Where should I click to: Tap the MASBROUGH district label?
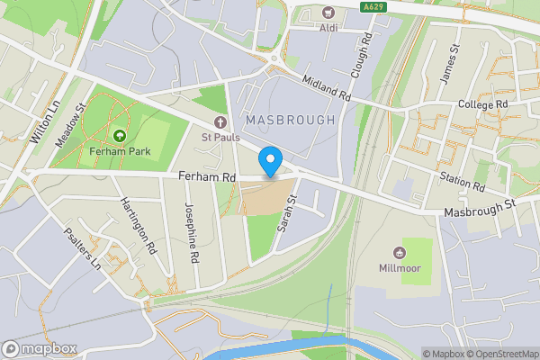pyautogui.click(x=289, y=120)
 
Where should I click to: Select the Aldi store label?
pyautogui.click(x=328, y=28)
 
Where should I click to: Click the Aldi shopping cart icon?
pyautogui.click(x=328, y=13)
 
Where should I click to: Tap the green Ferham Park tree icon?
pyautogui.click(x=119, y=136)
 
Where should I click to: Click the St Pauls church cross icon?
pyautogui.click(x=219, y=122)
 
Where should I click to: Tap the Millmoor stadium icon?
pyautogui.click(x=400, y=251)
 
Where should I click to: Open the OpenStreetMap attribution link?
pyautogui.click(x=500, y=354)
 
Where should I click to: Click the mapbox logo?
pyautogui.click(x=40, y=348)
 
